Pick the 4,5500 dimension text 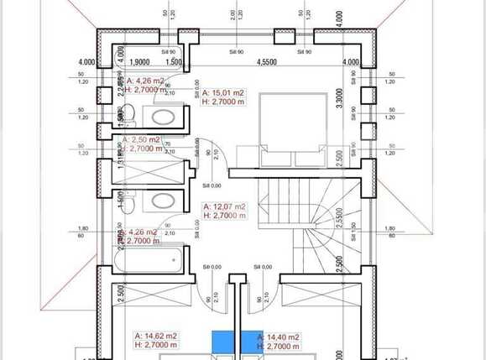[x=268, y=62]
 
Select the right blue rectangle [x=248, y=342]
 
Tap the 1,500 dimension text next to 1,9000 [x=175, y=62]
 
